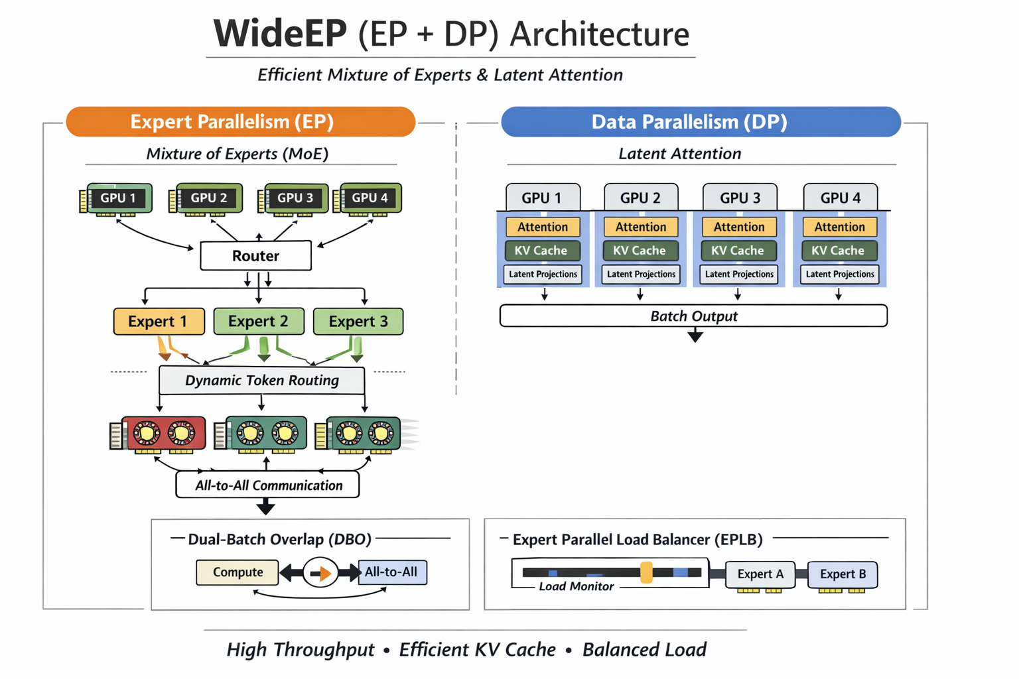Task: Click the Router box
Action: point(255,256)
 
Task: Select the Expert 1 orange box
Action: point(159,322)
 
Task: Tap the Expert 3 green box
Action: point(358,322)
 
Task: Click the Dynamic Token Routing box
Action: point(261,381)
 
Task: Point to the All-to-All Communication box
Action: point(267,485)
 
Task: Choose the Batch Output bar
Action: point(693,316)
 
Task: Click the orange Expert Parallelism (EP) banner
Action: point(240,122)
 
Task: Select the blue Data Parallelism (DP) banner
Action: point(701,122)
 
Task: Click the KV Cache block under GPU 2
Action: point(640,251)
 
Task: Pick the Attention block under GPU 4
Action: point(839,227)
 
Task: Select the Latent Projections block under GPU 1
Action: point(543,275)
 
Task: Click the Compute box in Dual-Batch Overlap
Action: point(238,572)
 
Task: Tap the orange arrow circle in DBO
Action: point(321,573)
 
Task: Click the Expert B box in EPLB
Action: point(843,574)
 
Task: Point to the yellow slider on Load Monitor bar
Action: point(646,572)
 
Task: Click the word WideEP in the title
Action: point(280,34)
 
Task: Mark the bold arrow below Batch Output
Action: point(695,336)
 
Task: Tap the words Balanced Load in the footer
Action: point(644,650)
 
